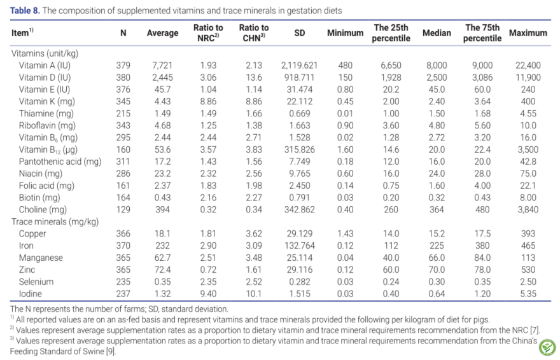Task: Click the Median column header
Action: coord(437,33)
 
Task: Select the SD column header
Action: coord(299,33)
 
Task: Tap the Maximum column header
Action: coord(528,33)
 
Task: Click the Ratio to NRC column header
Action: coord(208,33)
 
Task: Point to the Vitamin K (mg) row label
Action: coord(47,102)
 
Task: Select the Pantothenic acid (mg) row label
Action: coord(60,162)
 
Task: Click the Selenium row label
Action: coord(36,282)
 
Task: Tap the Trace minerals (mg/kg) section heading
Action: coord(55,222)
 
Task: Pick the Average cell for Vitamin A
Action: coord(162,66)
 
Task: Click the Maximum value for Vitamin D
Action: coord(528,78)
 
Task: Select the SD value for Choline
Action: coord(299,209)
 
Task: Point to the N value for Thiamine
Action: coord(123,113)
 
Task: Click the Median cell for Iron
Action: coord(437,246)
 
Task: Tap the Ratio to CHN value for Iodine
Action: coord(253,294)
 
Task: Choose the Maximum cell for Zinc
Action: coord(528,270)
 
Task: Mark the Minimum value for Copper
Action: coord(345,233)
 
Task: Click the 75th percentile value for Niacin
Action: coord(482,174)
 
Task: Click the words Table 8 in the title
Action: coord(25,11)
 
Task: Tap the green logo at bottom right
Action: coord(547,347)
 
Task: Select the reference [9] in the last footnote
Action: coord(110,352)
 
